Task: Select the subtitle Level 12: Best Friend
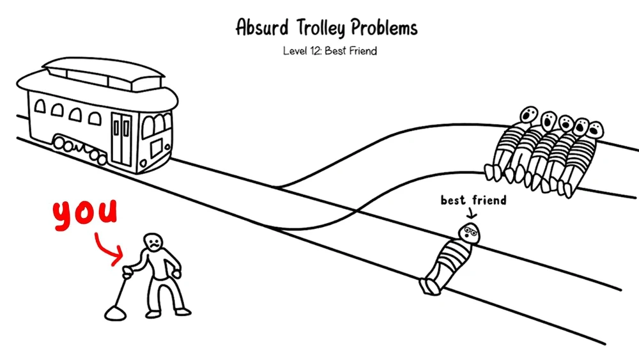coord(330,51)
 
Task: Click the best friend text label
coord(473,201)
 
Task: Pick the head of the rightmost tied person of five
coord(596,127)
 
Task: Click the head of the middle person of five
coord(566,122)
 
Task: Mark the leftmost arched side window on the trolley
coord(40,107)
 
